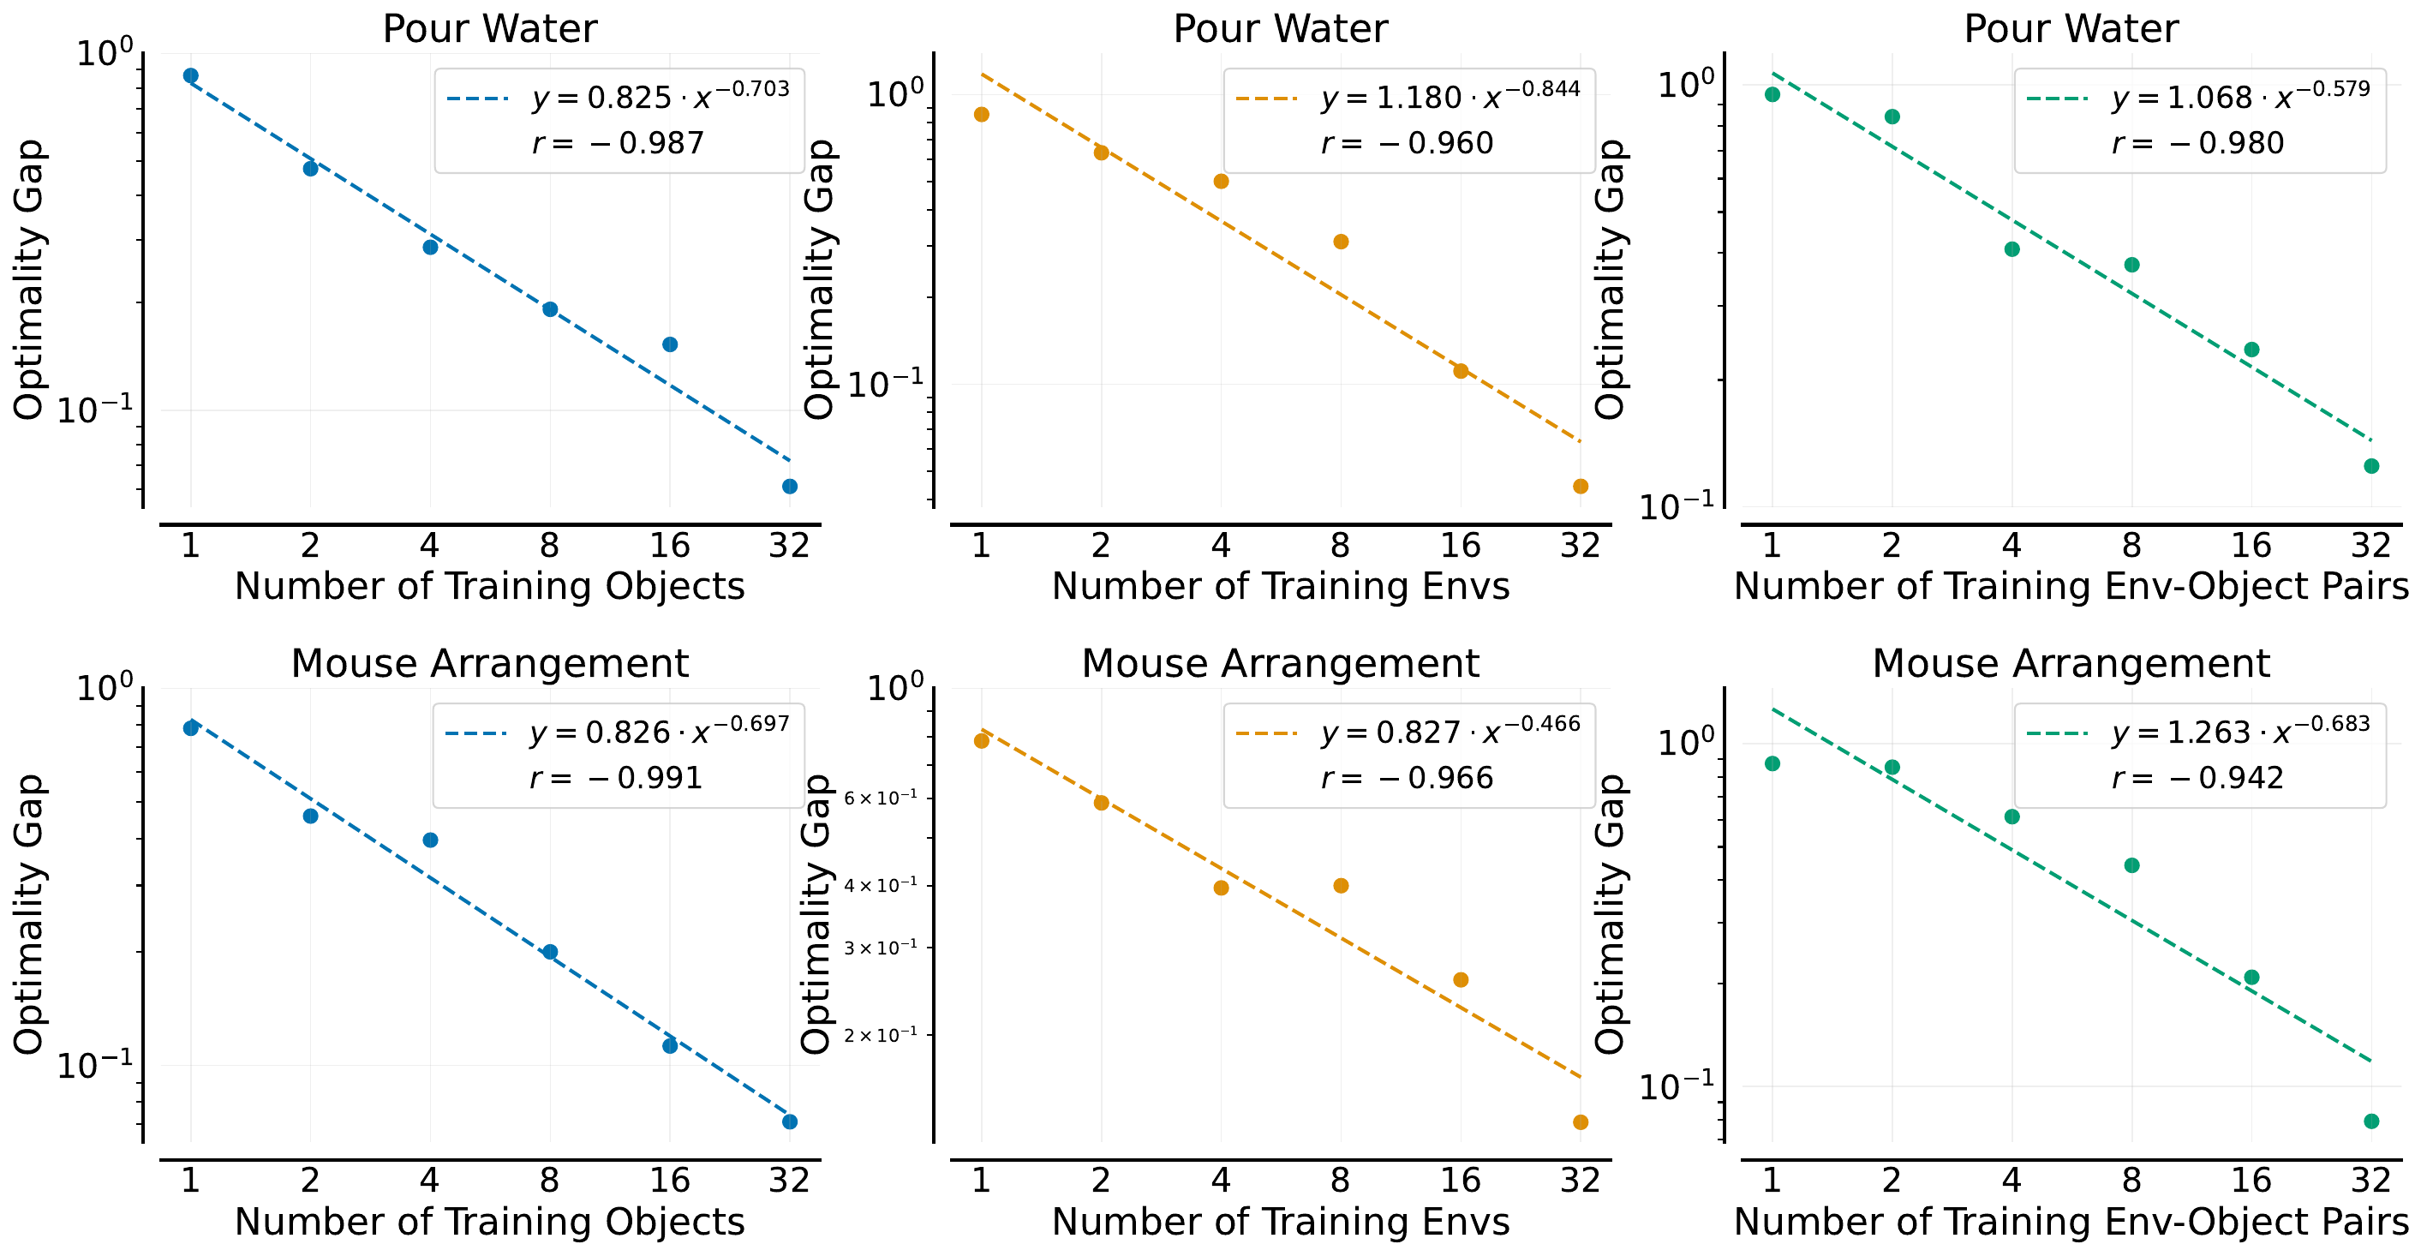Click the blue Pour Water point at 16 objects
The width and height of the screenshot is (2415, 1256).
(x=669, y=345)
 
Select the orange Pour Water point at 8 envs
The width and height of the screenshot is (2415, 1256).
(x=1341, y=242)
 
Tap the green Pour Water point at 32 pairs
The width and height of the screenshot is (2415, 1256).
(x=2371, y=467)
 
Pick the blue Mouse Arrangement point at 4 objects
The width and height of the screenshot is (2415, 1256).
(x=430, y=840)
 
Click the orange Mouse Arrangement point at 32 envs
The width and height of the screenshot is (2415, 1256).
(x=1581, y=1123)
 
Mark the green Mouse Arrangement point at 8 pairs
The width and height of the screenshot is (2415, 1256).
(x=2132, y=866)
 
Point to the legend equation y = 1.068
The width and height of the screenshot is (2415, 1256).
(x=2240, y=97)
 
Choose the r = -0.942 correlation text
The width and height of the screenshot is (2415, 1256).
(x=2197, y=778)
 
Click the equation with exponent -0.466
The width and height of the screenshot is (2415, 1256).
(x=1450, y=731)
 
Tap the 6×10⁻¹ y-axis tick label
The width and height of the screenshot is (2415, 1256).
(x=881, y=798)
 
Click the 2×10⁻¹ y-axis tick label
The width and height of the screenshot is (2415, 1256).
(x=881, y=1036)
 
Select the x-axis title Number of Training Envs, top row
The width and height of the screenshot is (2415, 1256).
(x=1281, y=587)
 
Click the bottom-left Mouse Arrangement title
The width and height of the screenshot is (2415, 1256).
(x=489, y=664)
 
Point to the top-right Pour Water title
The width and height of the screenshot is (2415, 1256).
(x=2071, y=29)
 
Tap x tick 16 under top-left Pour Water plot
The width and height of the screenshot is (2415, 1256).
(x=669, y=546)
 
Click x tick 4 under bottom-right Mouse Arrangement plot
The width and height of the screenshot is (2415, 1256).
(x=2012, y=1180)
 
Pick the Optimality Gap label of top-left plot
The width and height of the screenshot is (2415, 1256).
(x=29, y=279)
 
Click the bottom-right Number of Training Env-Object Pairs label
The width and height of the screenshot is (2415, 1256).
(x=2071, y=1223)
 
